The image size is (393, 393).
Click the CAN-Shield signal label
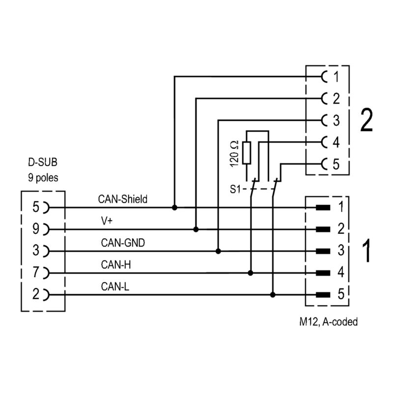123,199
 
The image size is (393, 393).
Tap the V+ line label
107,221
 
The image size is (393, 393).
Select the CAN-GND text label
123,243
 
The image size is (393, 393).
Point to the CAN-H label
115,264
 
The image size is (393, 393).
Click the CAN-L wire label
115,286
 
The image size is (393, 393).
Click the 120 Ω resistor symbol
247,152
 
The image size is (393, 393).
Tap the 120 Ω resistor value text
234,152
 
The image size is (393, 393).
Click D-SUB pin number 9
35,229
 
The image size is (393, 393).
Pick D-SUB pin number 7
35,272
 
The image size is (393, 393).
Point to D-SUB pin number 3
35,251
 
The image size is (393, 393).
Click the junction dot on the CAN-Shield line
174,208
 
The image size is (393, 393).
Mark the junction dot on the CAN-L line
273,295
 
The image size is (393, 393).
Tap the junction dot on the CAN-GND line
218,251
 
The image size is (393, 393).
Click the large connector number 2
366,121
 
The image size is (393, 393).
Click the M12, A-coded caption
328,322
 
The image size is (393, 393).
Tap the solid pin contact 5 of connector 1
322,295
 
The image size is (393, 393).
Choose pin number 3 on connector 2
336,120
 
